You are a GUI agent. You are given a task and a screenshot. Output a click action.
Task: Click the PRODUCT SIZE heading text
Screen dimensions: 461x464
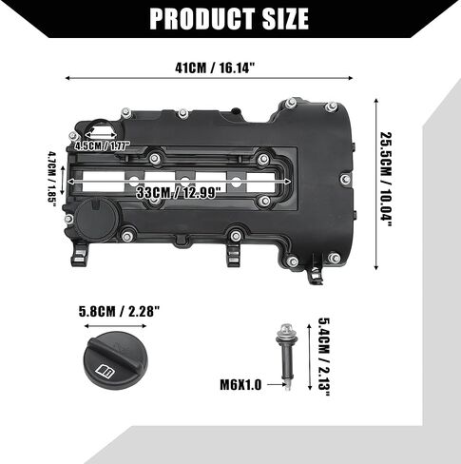coord(229,19)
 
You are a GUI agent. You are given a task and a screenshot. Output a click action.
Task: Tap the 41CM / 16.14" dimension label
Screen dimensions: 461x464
coord(215,68)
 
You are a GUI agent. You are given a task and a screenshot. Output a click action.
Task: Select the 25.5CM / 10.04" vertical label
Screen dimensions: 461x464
coord(386,179)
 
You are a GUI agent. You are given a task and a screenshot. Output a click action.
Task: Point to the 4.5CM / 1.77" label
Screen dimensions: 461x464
coord(103,145)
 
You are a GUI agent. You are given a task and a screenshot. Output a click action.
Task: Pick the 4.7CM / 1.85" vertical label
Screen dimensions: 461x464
coord(51,179)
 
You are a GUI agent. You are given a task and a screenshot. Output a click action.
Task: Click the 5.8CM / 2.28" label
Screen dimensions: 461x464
coord(119,312)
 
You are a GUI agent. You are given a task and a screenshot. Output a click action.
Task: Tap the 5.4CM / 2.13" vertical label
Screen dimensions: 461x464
coord(324,357)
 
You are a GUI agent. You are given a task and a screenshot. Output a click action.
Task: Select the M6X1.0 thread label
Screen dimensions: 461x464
coord(240,385)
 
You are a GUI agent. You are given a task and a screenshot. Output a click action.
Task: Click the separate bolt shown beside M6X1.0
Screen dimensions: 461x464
coord(286,357)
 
